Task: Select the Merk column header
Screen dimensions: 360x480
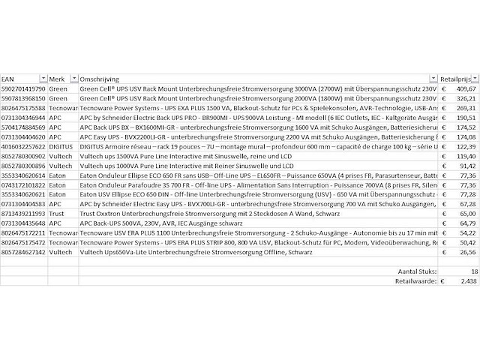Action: click(57, 78)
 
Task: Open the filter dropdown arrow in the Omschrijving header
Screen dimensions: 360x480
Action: click(433, 78)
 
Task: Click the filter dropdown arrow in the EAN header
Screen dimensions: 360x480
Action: click(43, 78)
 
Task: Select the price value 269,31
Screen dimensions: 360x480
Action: click(466, 108)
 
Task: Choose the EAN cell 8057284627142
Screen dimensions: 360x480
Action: click(23, 253)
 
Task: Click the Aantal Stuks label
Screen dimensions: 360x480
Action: click(416, 271)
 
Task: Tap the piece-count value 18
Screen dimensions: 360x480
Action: click(473, 271)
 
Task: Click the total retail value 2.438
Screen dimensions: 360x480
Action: click(468, 280)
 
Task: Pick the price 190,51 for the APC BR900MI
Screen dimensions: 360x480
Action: click(466, 118)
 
